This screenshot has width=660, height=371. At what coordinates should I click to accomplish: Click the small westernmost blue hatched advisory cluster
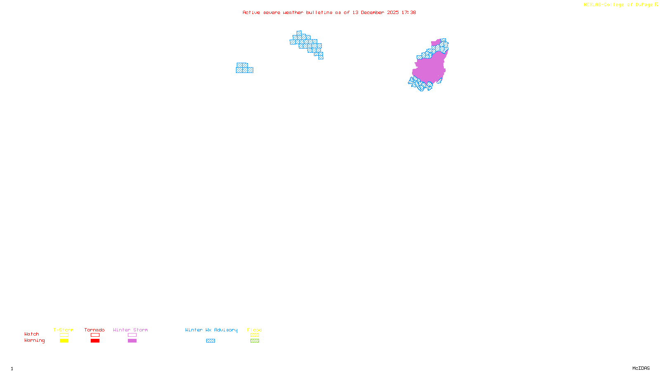[x=244, y=68]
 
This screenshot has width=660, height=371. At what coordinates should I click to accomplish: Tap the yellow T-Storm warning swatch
[x=64, y=341]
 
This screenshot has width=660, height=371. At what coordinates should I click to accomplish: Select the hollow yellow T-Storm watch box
[x=64, y=335]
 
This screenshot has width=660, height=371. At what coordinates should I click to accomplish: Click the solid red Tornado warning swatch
[x=95, y=341]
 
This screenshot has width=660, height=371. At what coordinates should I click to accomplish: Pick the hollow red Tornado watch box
[x=95, y=335]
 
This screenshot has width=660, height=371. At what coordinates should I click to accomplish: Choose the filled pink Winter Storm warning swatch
[x=132, y=341]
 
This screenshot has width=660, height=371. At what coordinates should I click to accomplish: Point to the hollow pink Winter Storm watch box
[x=132, y=335]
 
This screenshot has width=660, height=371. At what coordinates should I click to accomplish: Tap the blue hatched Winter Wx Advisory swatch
[x=210, y=341]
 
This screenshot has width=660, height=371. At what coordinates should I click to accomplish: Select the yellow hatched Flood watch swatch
[x=255, y=335]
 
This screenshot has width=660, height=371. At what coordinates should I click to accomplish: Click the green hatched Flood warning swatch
[x=255, y=341]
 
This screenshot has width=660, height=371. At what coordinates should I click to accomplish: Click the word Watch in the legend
[x=32, y=334]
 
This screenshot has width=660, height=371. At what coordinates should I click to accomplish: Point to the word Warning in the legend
[x=34, y=340]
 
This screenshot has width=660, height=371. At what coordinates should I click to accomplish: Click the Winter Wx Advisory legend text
[x=211, y=330]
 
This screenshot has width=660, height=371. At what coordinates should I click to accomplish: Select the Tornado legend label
[x=94, y=330]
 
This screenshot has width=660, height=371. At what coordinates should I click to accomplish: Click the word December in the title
[x=372, y=12]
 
